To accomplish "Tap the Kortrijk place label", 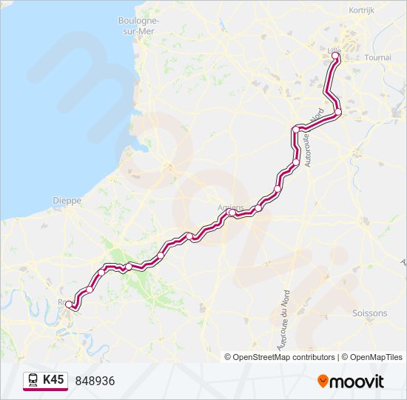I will click(363, 10).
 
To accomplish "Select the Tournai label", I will click(377, 57).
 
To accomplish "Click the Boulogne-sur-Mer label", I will click(138, 26).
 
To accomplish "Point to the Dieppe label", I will click(67, 200).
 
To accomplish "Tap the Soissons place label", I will click(371, 313).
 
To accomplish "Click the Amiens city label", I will click(230, 207).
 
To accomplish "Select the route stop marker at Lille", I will click(335, 56).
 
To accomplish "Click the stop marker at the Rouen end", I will click(70, 304).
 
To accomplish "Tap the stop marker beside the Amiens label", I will click(232, 213).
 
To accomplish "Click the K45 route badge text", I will click(53, 380).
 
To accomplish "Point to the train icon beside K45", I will click(33, 381).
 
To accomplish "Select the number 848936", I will click(95, 381).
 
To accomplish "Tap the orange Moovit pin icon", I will click(323, 381).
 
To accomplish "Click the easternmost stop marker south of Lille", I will click(338, 113).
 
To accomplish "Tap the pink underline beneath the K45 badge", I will click(45, 390).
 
